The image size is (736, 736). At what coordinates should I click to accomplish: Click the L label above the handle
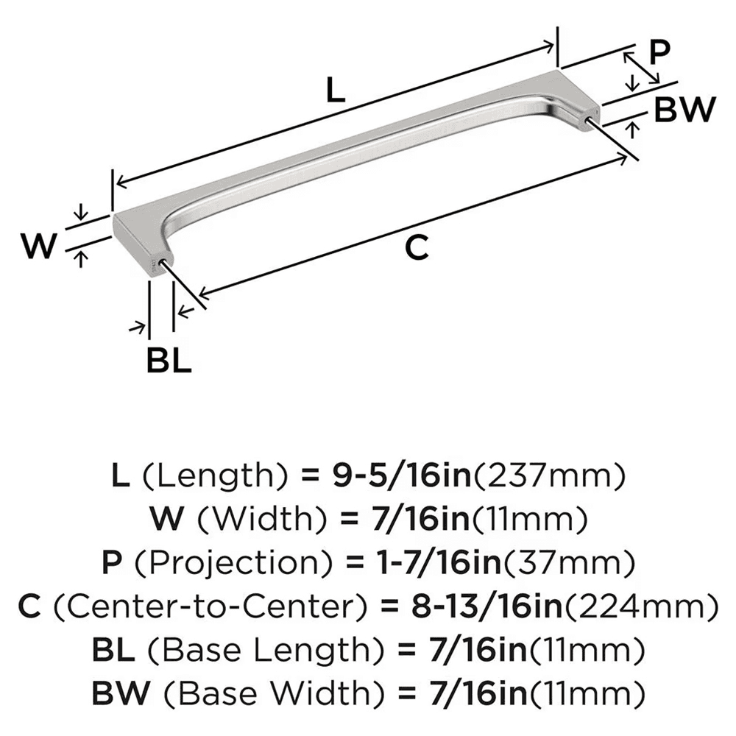335,91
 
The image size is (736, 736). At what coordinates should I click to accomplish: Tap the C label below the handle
417,249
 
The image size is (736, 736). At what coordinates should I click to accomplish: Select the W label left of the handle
38,247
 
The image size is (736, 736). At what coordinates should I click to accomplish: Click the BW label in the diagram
684,110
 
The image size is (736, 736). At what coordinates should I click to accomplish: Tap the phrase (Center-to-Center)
213,607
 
